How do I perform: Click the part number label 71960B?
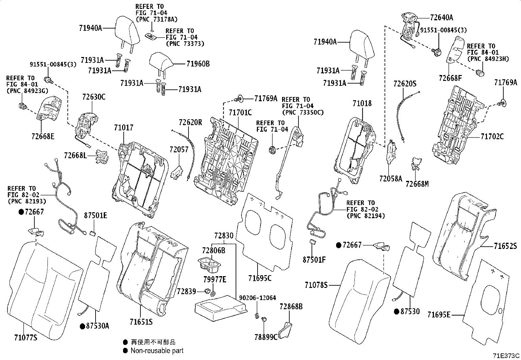(198, 64)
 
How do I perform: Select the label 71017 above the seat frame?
(124, 127)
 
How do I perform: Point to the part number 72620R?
(190, 123)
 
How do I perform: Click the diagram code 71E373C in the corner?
(506, 356)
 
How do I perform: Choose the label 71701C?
(240, 113)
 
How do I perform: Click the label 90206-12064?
(257, 298)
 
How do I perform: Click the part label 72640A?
(441, 17)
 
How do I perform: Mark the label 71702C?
(492, 136)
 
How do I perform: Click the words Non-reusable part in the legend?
(157, 351)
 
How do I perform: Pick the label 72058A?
(390, 179)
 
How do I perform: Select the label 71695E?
(439, 315)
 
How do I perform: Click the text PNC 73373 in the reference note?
(185, 44)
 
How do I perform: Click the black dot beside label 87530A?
(82, 326)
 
